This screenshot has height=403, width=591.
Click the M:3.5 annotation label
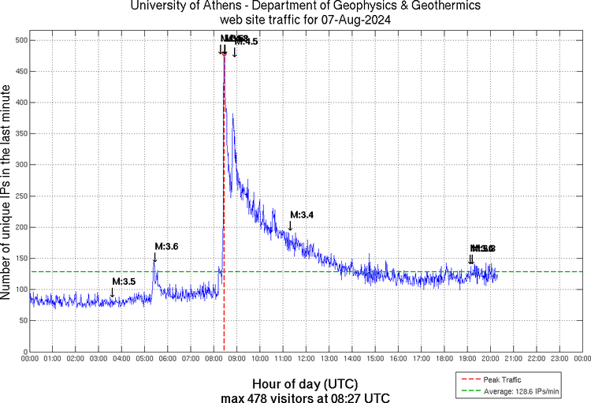click(x=124, y=281)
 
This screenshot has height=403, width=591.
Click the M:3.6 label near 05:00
click(x=166, y=246)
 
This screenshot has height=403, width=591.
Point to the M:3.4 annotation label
click(x=302, y=215)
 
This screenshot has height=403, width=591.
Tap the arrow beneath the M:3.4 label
click(x=290, y=226)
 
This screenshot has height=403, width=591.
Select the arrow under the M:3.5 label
click(x=112, y=293)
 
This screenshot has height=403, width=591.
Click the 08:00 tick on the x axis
click(x=214, y=358)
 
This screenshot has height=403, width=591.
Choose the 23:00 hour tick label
click(x=559, y=358)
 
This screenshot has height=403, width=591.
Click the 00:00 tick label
click(x=30, y=358)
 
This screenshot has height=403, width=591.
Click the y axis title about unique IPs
click(x=7, y=195)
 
